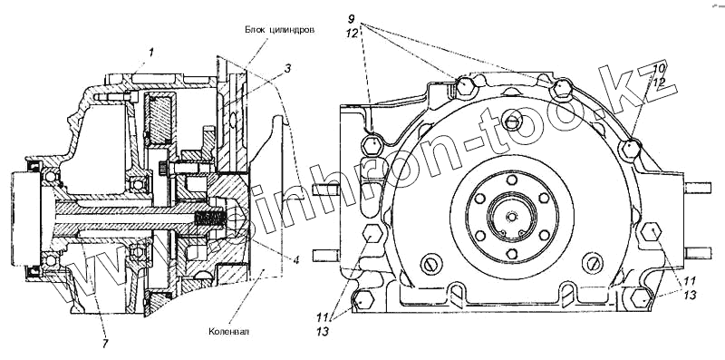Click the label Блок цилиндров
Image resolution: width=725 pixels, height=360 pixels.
click(280, 30)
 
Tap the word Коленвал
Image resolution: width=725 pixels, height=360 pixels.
click(228, 331)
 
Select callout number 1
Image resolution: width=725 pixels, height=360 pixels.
click(150, 53)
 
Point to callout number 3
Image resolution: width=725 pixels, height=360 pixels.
click(287, 70)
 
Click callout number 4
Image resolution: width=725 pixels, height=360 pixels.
click(296, 260)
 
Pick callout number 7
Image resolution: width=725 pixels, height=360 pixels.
click(105, 344)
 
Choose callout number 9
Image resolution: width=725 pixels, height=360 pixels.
click(352, 19)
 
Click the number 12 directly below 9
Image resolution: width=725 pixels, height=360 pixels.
click(352, 34)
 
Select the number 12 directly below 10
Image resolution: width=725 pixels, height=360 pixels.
click(660, 83)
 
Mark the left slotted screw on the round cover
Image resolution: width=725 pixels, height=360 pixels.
click(429, 264)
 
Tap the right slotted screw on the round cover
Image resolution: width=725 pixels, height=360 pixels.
click(594, 262)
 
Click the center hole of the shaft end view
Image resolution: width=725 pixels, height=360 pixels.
click(511, 216)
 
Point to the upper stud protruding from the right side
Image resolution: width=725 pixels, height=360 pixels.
click(698, 188)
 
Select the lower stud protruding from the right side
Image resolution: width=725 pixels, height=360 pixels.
click(698, 253)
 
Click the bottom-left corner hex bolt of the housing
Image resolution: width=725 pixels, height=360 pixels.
click(363, 299)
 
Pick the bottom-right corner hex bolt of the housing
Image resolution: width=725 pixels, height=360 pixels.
click(641, 298)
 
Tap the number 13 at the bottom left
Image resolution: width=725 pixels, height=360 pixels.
click(324, 331)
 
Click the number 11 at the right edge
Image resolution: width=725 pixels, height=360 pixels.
click(690, 281)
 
